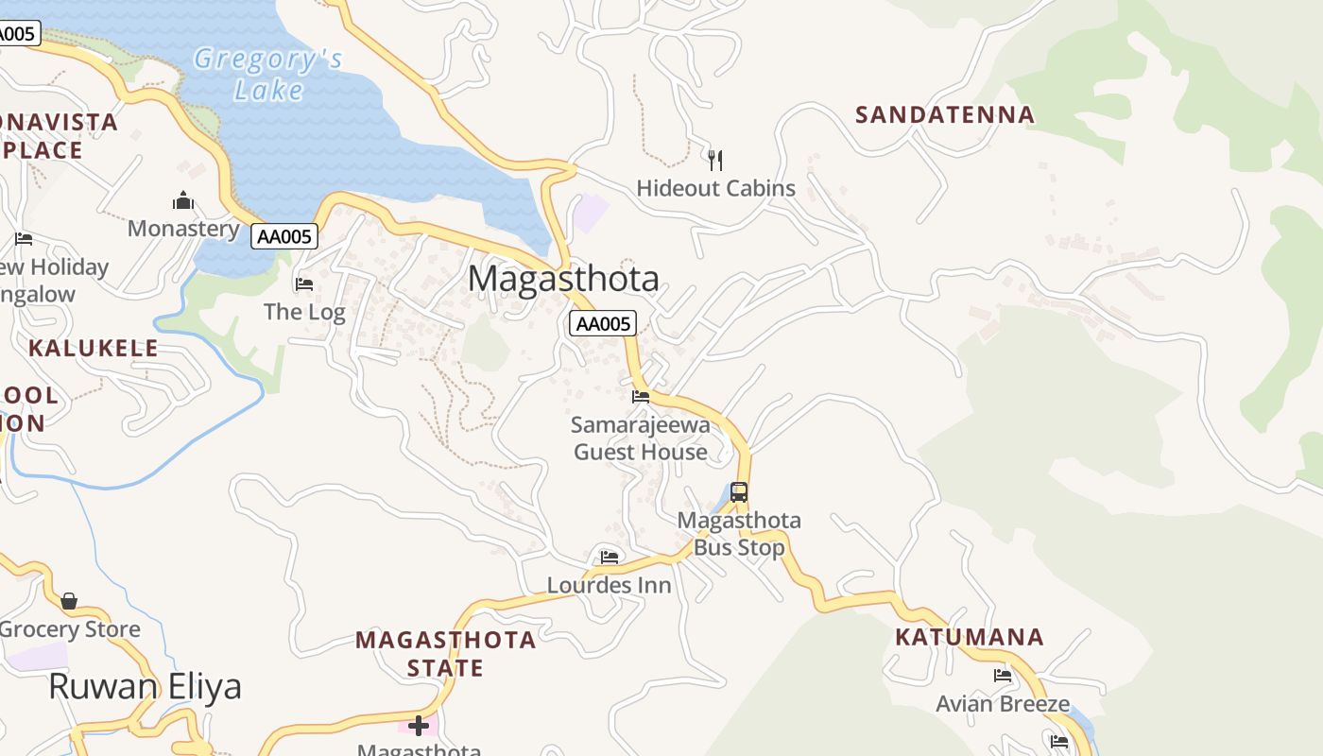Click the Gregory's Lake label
tap(267, 75)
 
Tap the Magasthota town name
tap(563, 279)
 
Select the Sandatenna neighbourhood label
tap(945, 115)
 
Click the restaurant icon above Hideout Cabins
tap(715, 160)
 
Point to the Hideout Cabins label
tap(715, 188)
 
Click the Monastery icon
tap(182, 200)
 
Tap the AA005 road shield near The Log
tap(283, 236)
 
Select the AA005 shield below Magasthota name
tap(603, 324)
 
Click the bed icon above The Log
tap(304, 283)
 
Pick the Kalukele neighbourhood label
tap(94, 348)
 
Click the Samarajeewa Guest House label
tap(641, 438)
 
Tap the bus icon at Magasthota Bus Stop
tap(739, 491)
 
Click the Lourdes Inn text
tap(610, 585)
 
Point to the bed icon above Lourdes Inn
tap(610, 558)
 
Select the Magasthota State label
tap(446, 654)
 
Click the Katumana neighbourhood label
tap(970, 637)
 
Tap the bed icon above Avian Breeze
tap(1003, 676)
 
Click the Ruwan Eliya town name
tap(145, 687)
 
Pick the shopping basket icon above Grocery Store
tap(69, 601)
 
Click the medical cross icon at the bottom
tap(419, 726)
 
